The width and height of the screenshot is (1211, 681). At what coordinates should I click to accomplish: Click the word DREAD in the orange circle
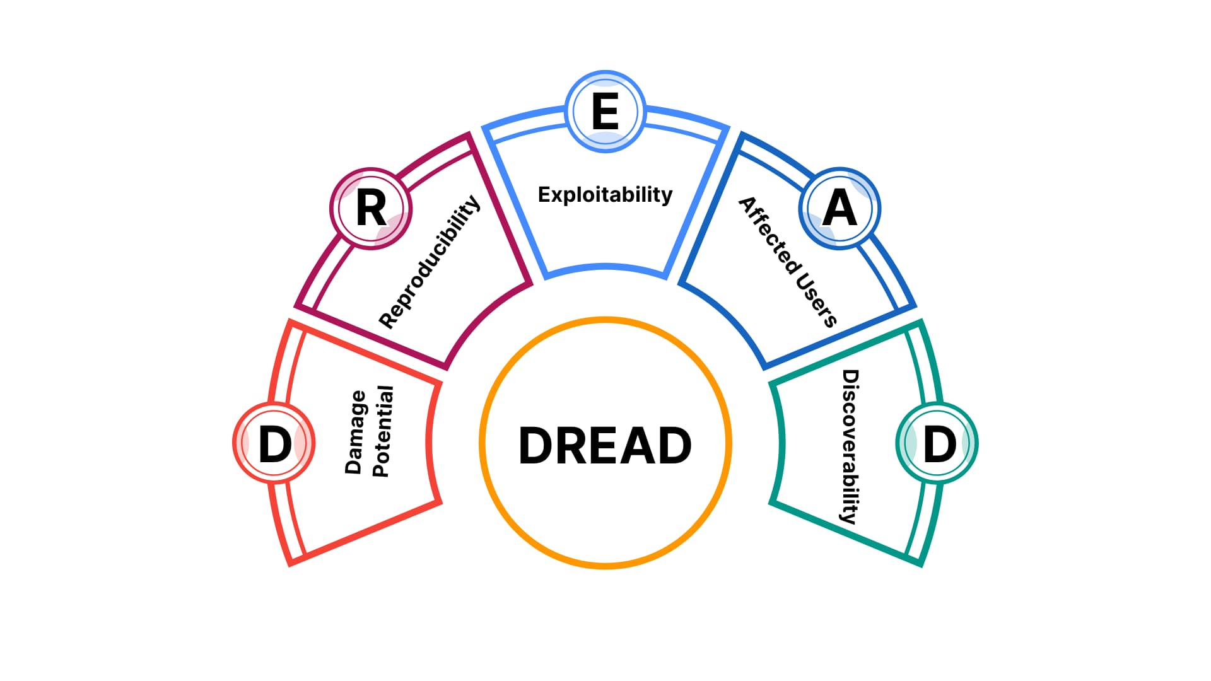click(x=605, y=445)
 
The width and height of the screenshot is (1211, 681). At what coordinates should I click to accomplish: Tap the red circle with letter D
click(x=274, y=443)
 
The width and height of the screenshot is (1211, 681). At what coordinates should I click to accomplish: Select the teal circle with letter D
click(x=937, y=443)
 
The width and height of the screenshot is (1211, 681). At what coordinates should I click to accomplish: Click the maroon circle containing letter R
click(x=371, y=208)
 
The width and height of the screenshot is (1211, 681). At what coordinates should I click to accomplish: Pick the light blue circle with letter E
click(x=605, y=112)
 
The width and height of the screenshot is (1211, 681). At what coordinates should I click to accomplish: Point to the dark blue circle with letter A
click(x=840, y=208)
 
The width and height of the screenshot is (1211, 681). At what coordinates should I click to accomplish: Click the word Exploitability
click(x=605, y=194)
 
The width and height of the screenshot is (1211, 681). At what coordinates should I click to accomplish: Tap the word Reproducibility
click(x=430, y=261)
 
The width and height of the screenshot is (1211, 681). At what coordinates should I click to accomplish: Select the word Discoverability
click(x=850, y=446)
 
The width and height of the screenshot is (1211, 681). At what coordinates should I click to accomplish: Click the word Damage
click(x=355, y=432)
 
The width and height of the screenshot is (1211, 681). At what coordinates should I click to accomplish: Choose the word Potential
click(x=382, y=432)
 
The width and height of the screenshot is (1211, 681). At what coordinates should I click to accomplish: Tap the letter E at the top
click(x=605, y=112)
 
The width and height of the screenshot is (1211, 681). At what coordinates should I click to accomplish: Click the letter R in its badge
click(x=371, y=208)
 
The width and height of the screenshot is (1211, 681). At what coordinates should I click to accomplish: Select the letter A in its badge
click(x=840, y=208)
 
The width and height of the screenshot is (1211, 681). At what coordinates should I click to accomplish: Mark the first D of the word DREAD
click(x=537, y=445)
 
